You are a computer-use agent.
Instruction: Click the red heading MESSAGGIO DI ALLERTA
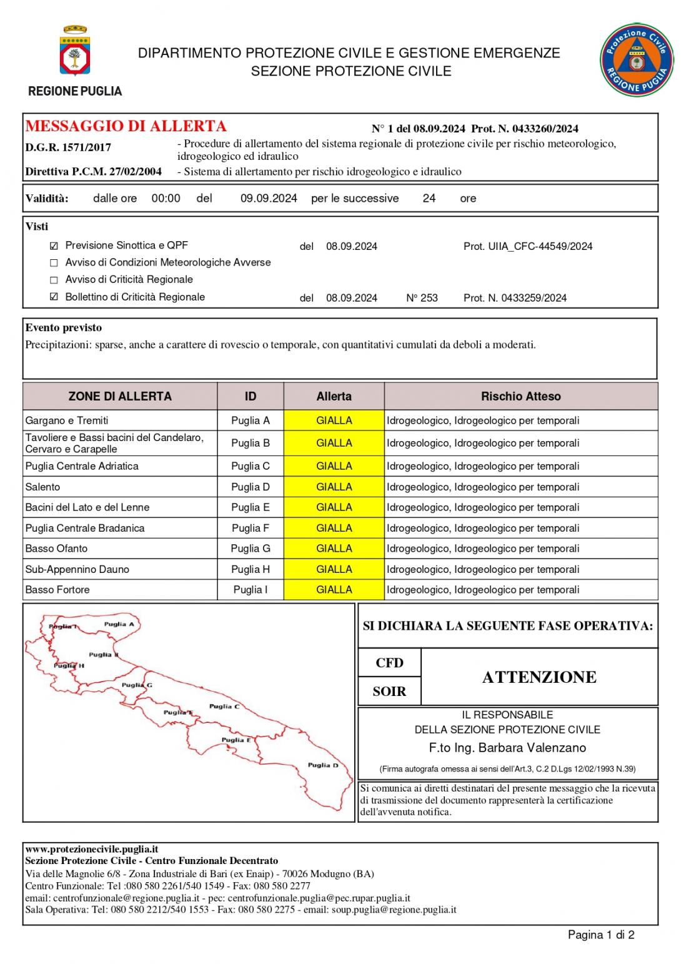pyautogui.click(x=126, y=126)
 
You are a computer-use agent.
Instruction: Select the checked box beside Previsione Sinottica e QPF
pyautogui.click(x=54, y=246)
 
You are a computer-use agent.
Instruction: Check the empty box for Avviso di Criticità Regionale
pyautogui.click(x=54, y=280)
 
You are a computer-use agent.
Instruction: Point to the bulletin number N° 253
pyautogui.click(x=422, y=298)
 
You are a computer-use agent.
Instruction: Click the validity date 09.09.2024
pyautogui.click(x=269, y=199)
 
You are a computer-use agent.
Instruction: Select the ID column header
pyautogui.click(x=251, y=396)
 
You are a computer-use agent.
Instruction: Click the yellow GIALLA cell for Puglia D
pyautogui.click(x=334, y=487)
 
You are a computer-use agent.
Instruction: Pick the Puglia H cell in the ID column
pyautogui.click(x=251, y=569)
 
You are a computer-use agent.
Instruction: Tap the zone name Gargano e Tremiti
pyautogui.click(x=67, y=420)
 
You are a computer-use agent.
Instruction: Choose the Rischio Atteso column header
pyautogui.click(x=520, y=396)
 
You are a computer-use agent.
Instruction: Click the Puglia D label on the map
pyautogui.click(x=323, y=765)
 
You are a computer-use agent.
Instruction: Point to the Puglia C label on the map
pyautogui.click(x=224, y=706)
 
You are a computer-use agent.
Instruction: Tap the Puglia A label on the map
pyautogui.click(x=119, y=624)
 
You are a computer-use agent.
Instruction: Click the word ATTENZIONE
pyautogui.click(x=539, y=677)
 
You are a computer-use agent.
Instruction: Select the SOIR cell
pyautogui.click(x=389, y=692)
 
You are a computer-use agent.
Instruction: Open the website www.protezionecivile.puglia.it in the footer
pyautogui.click(x=91, y=849)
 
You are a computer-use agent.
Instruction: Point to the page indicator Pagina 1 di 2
pyautogui.click(x=600, y=935)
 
